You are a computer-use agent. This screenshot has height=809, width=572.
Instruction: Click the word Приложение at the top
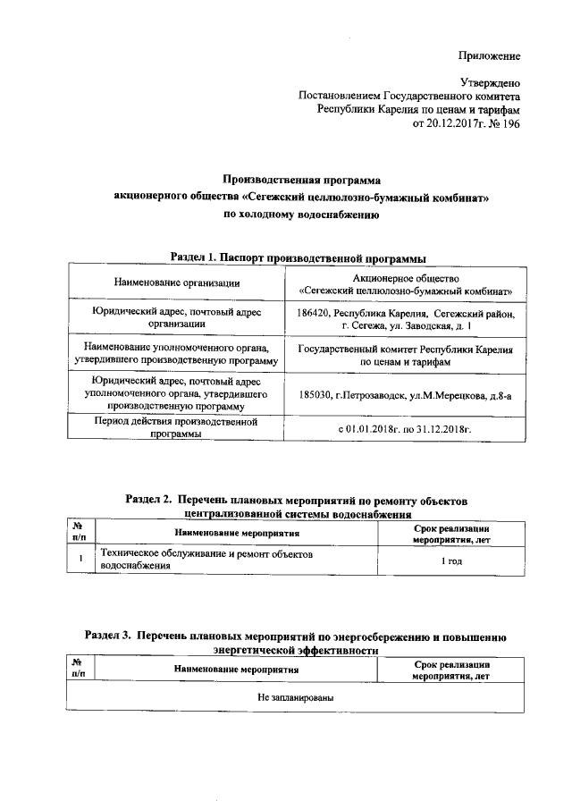[489, 55]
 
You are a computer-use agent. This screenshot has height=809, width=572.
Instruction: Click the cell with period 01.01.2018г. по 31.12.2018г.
[405, 430]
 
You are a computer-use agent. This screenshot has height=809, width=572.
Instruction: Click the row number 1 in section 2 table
[80, 559]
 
